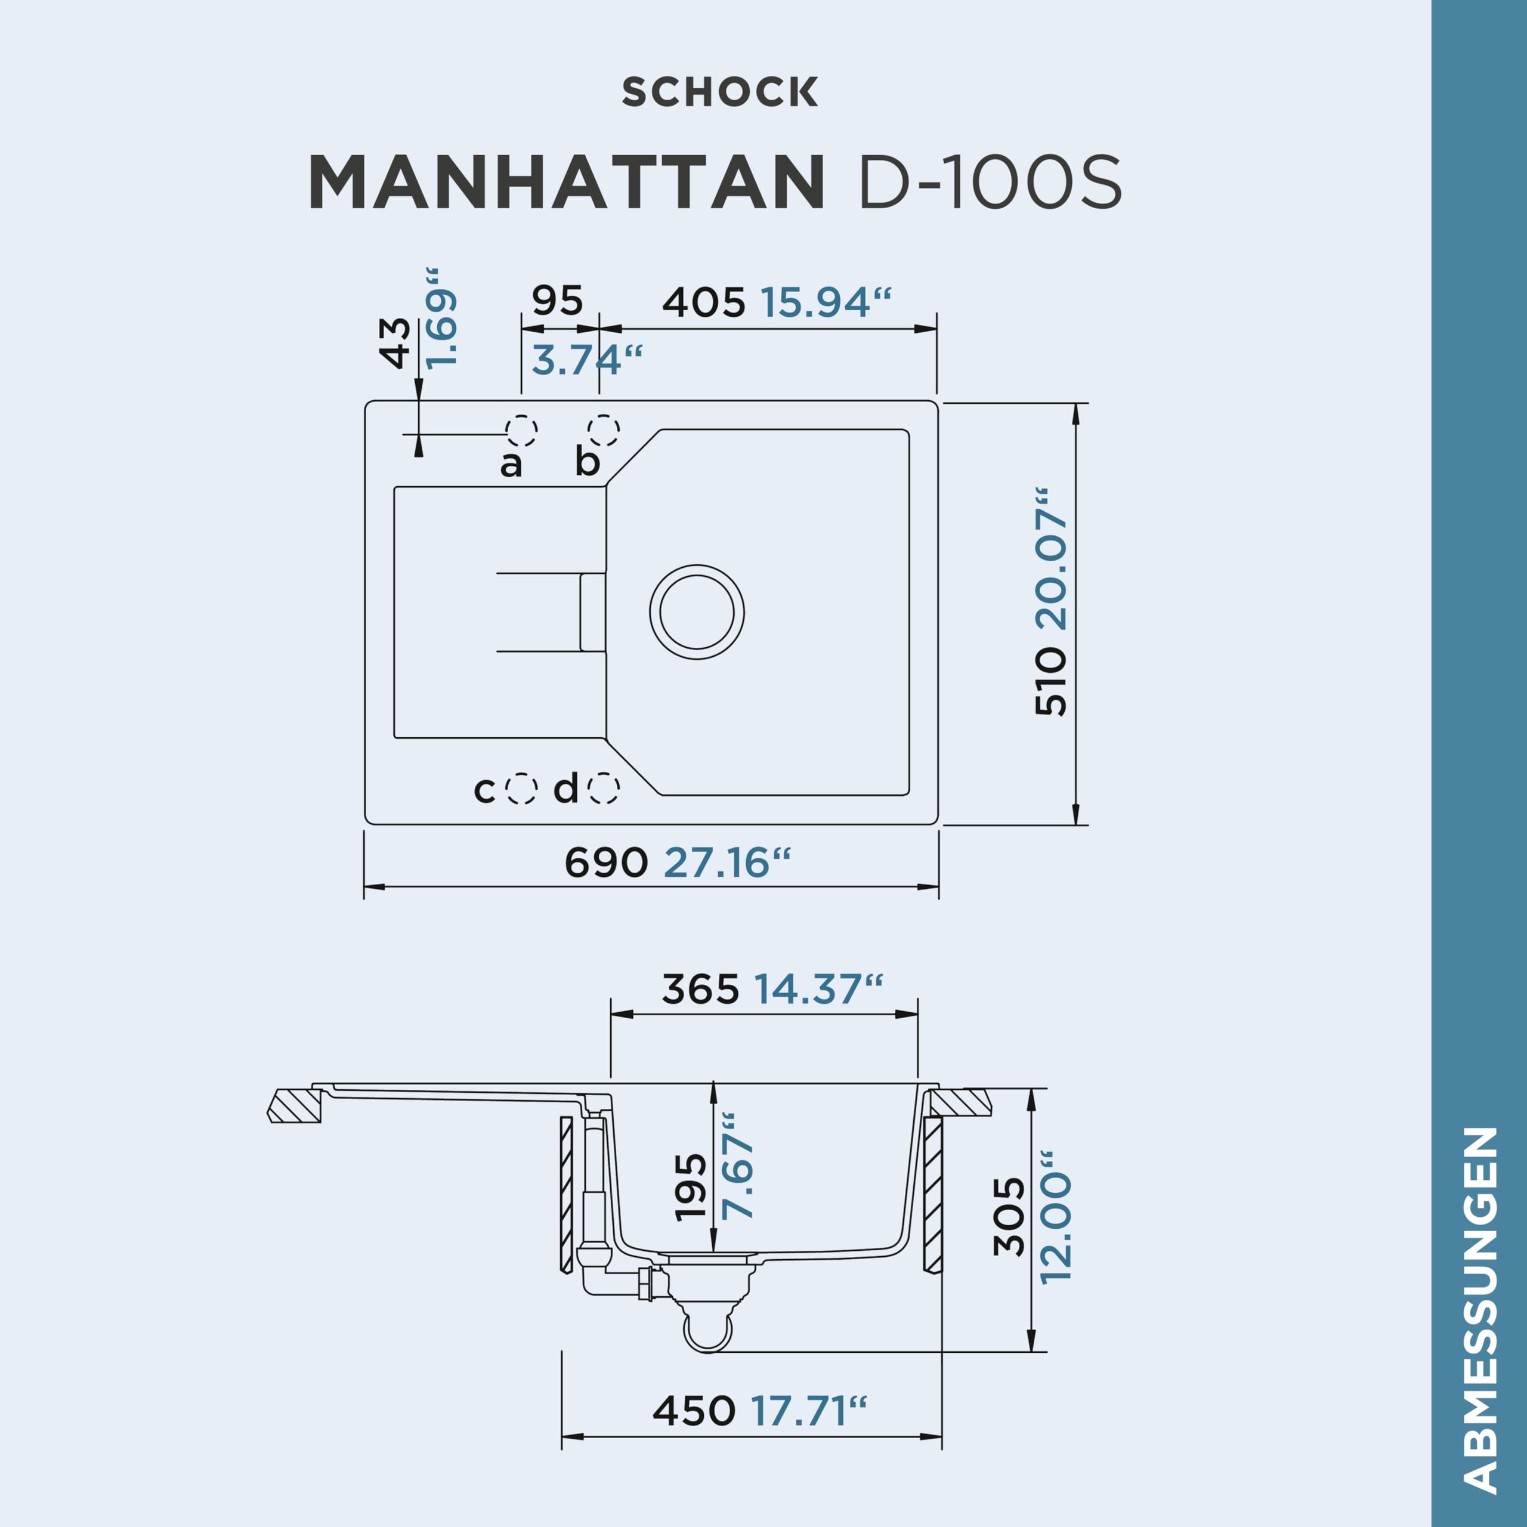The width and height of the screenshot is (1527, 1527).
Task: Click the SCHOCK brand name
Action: (719, 92)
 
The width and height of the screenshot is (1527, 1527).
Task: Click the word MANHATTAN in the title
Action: (567, 183)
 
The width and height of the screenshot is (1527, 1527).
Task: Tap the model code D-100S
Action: (990, 183)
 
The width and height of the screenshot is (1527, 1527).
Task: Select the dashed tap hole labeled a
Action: (522, 431)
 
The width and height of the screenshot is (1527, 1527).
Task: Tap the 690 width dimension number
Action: (606, 863)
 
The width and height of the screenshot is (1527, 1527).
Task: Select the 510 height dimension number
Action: (1051, 681)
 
